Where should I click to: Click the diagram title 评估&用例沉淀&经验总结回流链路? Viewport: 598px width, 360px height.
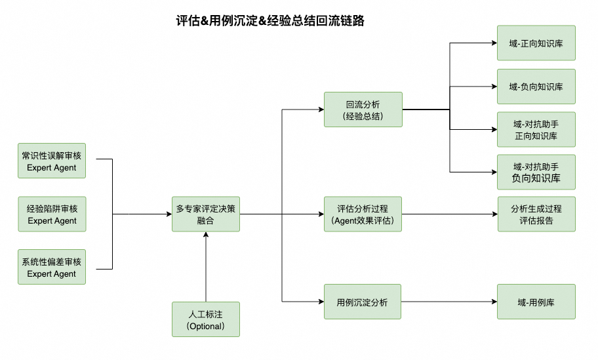point(270,20)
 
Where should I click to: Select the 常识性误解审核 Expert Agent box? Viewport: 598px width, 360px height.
point(52,161)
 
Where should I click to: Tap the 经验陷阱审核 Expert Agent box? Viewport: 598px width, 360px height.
point(52,214)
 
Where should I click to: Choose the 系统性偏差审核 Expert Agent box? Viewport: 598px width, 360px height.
point(52,268)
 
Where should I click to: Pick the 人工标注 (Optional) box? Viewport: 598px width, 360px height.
point(206,319)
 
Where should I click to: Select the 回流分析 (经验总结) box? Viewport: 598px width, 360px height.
point(363,110)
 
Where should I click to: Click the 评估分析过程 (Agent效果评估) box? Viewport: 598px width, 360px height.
point(363,214)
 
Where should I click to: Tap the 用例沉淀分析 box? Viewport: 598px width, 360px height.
point(363,302)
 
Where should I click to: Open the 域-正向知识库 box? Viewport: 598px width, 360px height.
point(536,43)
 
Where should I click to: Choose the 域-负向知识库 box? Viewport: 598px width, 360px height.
point(536,87)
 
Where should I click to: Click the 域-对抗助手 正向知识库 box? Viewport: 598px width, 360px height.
point(536,129)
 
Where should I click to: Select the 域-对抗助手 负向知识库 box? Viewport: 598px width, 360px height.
point(536,172)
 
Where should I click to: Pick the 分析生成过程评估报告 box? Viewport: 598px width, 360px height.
point(536,214)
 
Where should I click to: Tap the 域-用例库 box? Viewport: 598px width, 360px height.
point(536,302)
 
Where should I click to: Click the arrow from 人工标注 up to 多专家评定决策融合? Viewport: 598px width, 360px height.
point(206,266)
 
